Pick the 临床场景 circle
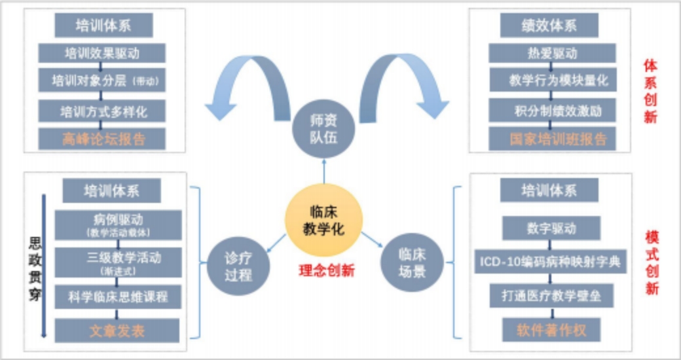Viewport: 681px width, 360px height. [411, 262]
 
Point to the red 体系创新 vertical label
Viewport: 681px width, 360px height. [651, 92]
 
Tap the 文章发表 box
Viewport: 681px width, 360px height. [117, 331]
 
